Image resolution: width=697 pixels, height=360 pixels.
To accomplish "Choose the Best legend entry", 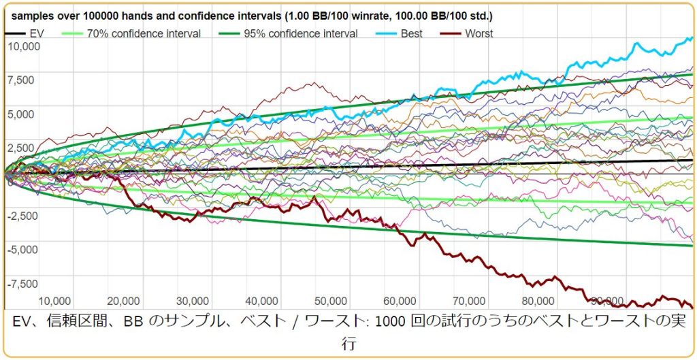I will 410,33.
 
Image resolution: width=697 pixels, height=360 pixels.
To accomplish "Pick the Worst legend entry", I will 479,33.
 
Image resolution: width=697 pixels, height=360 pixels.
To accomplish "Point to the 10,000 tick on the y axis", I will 24,46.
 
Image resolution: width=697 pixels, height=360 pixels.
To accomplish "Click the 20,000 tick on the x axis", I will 123,301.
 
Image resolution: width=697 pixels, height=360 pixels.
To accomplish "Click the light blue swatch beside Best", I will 384,33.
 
